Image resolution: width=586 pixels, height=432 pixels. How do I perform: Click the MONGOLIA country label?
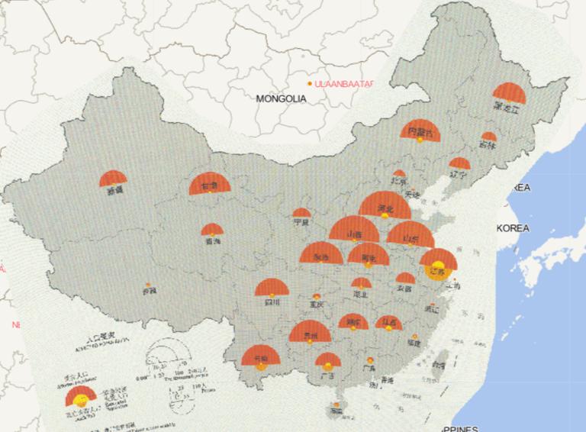[281, 98]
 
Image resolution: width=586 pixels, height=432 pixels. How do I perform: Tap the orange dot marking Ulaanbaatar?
[310, 83]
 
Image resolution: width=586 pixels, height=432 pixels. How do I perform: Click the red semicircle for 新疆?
[113, 179]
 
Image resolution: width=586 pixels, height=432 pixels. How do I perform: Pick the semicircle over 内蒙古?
[420, 131]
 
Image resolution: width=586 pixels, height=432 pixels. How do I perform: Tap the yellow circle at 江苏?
[439, 271]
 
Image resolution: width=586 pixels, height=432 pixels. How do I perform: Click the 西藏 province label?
[148, 292]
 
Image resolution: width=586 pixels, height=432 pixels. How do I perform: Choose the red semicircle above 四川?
[272, 289]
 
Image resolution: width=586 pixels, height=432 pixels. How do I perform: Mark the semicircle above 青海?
[211, 229]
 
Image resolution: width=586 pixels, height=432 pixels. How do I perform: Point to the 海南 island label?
[336, 411]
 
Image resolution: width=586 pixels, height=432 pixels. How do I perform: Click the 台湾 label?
[438, 365]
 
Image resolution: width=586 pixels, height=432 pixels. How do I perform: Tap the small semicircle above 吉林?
[488, 137]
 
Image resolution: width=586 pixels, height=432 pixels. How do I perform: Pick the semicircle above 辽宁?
[459, 163]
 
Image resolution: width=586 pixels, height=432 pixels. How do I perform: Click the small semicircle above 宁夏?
[301, 214]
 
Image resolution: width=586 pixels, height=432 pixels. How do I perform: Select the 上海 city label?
[456, 285]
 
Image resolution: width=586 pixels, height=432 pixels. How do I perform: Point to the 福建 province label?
[414, 343]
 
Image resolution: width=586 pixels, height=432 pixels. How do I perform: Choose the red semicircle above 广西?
[328, 360]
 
